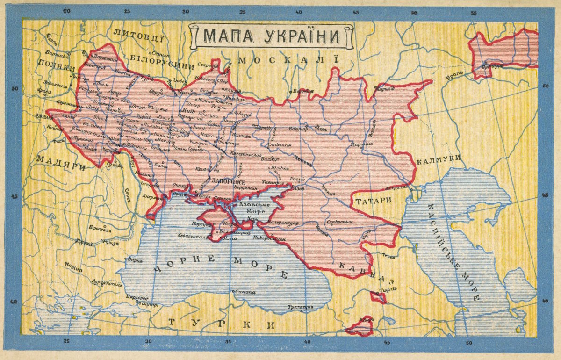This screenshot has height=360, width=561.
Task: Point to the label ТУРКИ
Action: click(x=222, y=324)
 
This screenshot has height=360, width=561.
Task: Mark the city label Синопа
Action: click(x=245, y=292)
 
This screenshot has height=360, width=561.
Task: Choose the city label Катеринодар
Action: click(x=283, y=223)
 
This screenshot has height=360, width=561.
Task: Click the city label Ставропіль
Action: click(x=339, y=222)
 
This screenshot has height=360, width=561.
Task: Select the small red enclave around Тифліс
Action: click(x=378, y=297)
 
